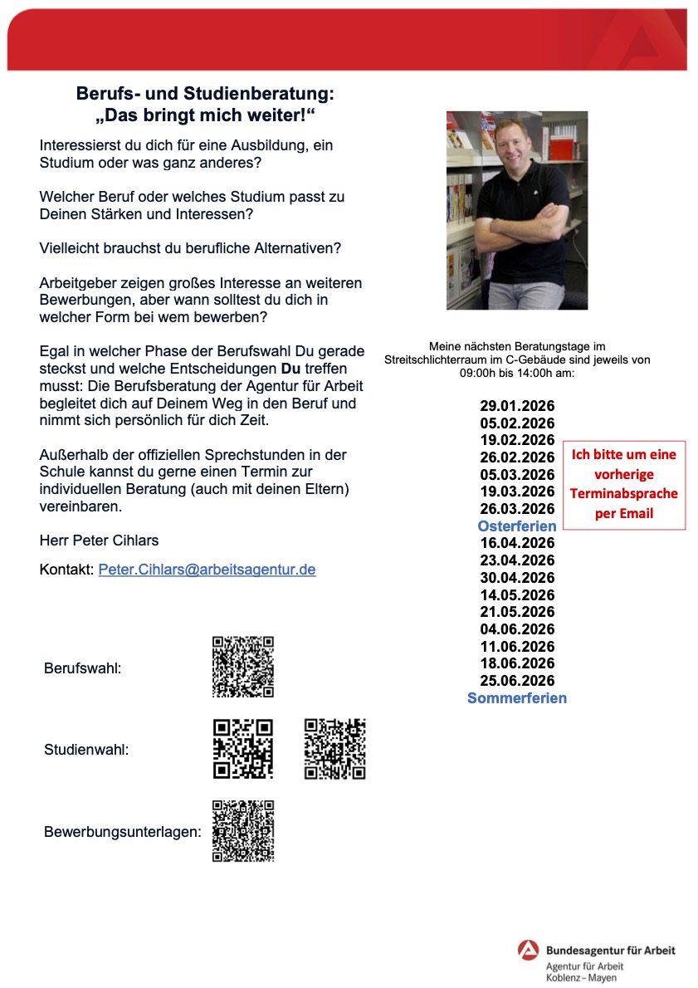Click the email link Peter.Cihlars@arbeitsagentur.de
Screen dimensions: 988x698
[x=207, y=570]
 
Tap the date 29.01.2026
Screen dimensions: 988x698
[x=517, y=406]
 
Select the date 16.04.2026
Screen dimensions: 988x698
[x=517, y=543]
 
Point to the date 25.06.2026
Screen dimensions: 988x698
[x=517, y=681]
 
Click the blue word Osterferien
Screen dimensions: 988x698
[x=517, y=526]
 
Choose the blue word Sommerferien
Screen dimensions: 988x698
[x=517, y=698]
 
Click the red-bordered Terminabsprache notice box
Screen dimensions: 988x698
[x=623, y=484]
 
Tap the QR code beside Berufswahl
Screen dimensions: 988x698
[x=243, y=667]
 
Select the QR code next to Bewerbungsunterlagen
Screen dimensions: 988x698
[x=243, y=831]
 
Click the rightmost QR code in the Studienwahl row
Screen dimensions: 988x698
[x=334, y=749]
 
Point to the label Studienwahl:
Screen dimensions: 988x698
[x=86, y=751]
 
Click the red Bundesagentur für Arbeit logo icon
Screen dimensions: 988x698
[x=529, y=949]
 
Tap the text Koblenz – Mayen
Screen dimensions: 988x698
[x=575, y=978]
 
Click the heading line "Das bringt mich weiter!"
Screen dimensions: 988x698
[x=205, y=115]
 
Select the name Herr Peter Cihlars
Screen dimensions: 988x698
[x=99, y=540]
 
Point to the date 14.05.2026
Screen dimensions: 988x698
[x=517, y=595]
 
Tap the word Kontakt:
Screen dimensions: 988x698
[x=66, y=570]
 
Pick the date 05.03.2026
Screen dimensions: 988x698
[x=517, y=475]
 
